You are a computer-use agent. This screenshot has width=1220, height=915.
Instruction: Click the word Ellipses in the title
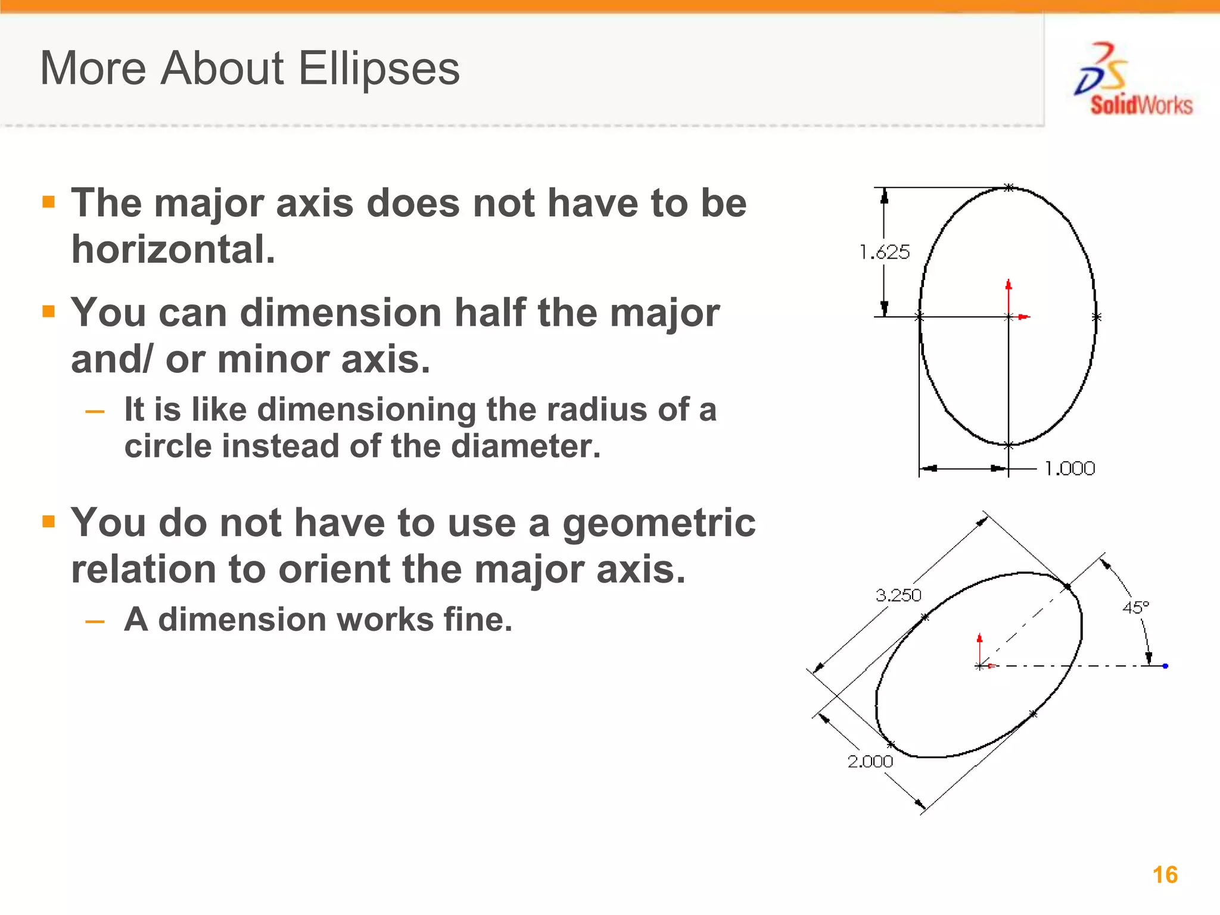[379, 69]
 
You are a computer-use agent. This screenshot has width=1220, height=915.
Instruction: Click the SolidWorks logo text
[1141, 105]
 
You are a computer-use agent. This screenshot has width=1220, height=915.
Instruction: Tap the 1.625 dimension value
[885, 252]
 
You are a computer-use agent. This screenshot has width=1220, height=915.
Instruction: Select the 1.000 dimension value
[1070, 469]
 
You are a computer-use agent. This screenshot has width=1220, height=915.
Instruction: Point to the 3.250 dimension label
[898, 595]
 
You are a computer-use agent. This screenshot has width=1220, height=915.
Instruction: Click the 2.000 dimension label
[870, 761]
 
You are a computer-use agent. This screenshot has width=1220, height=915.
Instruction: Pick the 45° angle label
[1135, 608]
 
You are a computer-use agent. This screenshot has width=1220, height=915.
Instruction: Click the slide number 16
[1165, 874]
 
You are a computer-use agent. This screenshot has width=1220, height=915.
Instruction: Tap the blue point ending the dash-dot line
[1165, 666]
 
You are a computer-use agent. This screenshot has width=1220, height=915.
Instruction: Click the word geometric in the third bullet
[659, 522]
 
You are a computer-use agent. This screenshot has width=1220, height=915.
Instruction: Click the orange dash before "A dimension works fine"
[95, 622]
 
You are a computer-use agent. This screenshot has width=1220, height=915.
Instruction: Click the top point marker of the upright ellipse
[1009, 188]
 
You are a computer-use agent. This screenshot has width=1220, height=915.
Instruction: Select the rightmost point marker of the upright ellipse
[1097, 317]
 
